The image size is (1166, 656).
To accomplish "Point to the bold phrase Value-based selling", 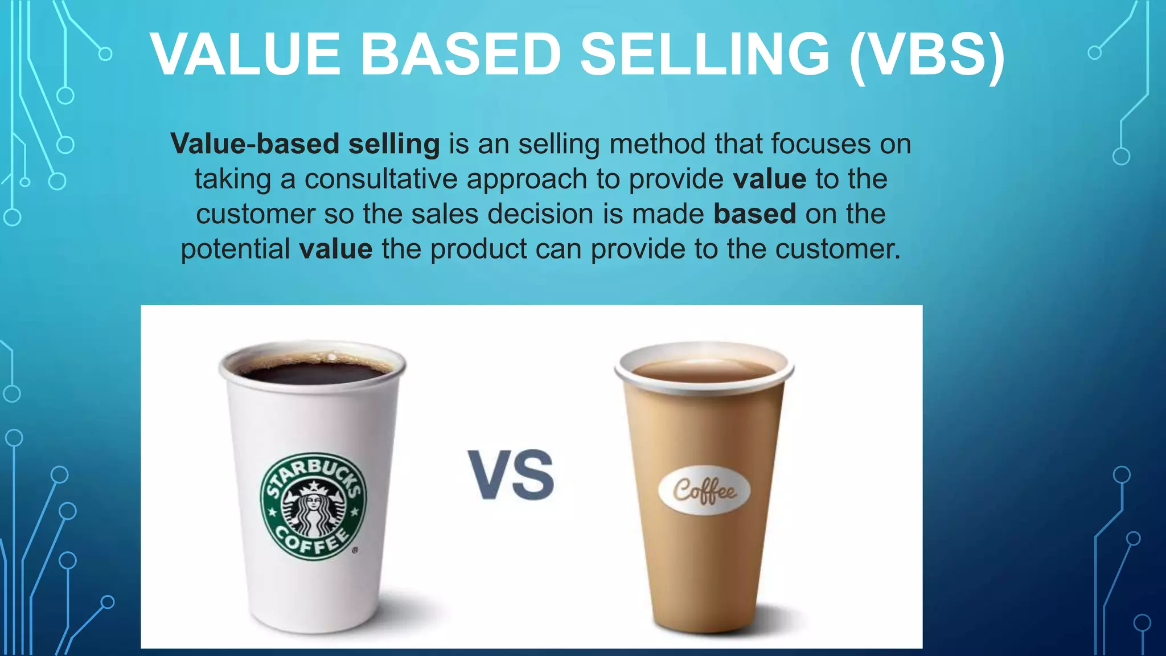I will pyautogui.click(x=305, y=144).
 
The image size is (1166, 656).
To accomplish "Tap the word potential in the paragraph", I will pyautogui.click(x=235, y=250).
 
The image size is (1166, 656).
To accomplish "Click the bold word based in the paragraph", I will pyautogui.click(x=754, y=214).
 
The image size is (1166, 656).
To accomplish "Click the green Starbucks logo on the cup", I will pyautogui.click(x=314, y=507).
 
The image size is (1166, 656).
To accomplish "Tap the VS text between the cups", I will pyautogui.click(x=511, y=475).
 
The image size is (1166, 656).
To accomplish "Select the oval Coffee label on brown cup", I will pyautogui.click(x=704, y=490).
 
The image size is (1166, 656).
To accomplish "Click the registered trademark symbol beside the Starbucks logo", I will pyautogui.click(x=355, y=551).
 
